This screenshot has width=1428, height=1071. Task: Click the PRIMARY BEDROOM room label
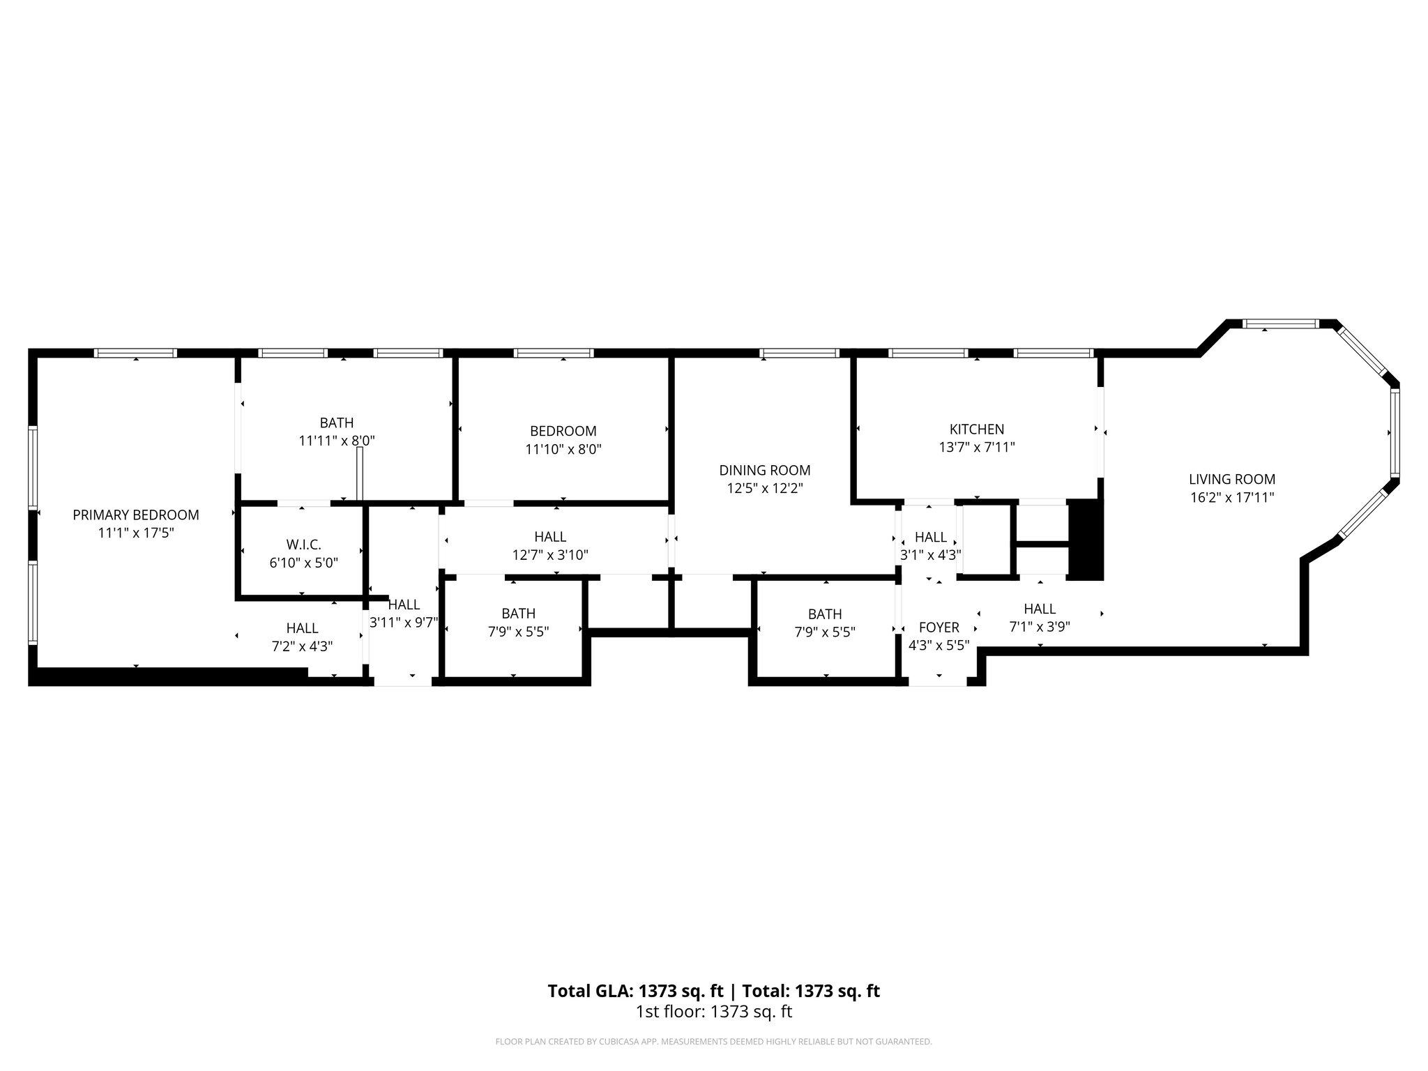pyautogui.click(x=136, y=515)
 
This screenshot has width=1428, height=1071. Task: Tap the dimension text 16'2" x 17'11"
pyautogui.click(x=1232, y=497)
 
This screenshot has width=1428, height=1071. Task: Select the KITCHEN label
pyautogui.click(x=976, y=430)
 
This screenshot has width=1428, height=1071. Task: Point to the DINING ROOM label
pyautogui.click(x=765, y=470)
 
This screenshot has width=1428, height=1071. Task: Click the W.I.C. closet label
pyautogui.click(x=303, y=545)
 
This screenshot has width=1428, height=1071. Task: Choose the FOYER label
pyautogui.click(x=939, y=627)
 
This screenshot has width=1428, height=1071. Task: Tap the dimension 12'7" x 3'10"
pyautogui.click(x=550, y=555)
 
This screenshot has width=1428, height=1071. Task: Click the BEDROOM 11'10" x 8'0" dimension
pyautogui.click(x=563, y=449)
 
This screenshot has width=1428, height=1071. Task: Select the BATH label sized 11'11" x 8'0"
pyautogui.click(x=336, y=423)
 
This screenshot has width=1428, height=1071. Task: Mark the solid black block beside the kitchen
pyautogui.click(x=1086, y=539)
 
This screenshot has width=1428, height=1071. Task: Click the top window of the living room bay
pyautogui.click(x=1281, y=324)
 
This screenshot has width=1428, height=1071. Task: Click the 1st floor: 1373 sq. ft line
pyautogui.click(x=713, y=1012)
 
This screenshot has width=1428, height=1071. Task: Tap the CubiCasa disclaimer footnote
pyautogui.click(x=713, y=1042)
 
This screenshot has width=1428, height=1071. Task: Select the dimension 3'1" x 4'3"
pyautogui.click(x=931, y=555)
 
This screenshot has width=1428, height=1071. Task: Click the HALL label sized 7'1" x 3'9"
pyautogui.click(x=1039, y=609)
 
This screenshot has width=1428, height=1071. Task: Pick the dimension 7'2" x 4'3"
pyautogui.click(x=302, y=646)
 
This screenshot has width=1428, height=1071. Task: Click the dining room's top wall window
pyautogui.click(x=799, y=353)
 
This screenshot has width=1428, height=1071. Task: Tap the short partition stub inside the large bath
pyautogui.click(x=360, y=473)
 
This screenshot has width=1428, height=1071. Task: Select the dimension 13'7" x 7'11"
pyautogui.click(x=976, y=447)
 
